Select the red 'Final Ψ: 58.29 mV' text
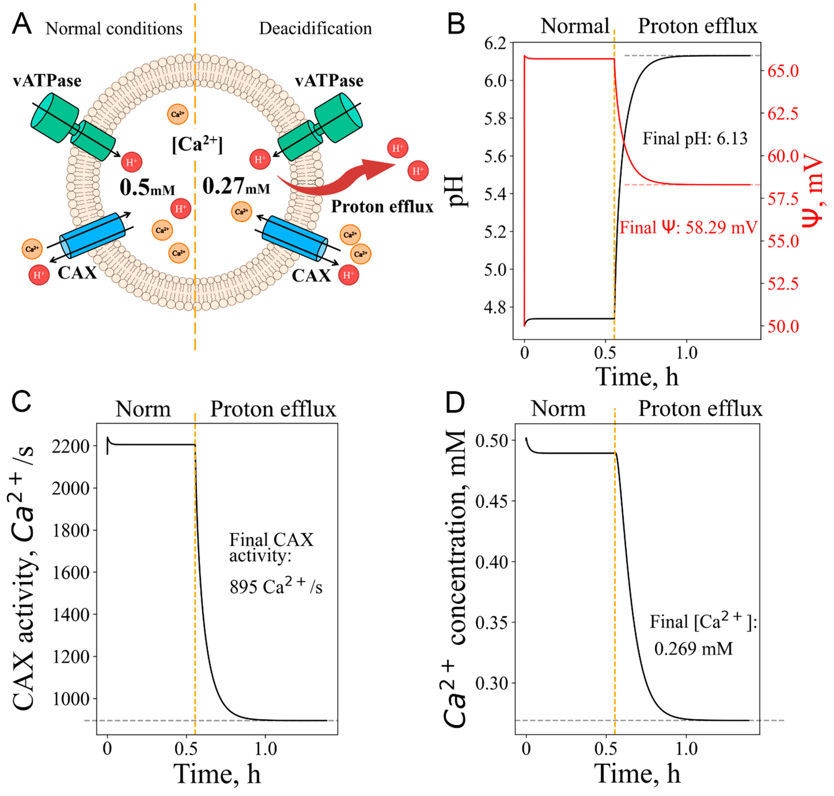(x=688, y=228)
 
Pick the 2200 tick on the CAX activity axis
(x=70, y=446)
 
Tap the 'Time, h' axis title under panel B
(x=636, y=376)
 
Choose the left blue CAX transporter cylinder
(x=92, y=235)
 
